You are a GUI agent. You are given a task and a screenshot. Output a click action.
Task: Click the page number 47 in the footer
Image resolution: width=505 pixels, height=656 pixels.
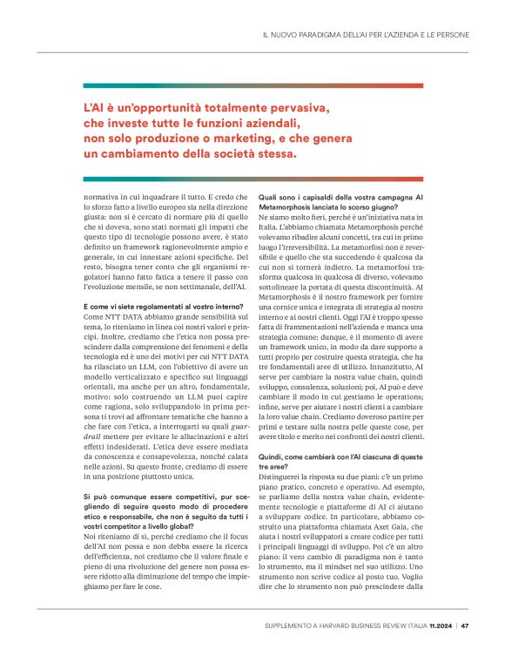pos(466,625)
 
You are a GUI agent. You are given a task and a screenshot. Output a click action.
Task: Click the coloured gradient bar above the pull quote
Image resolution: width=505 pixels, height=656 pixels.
pos(276,85)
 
